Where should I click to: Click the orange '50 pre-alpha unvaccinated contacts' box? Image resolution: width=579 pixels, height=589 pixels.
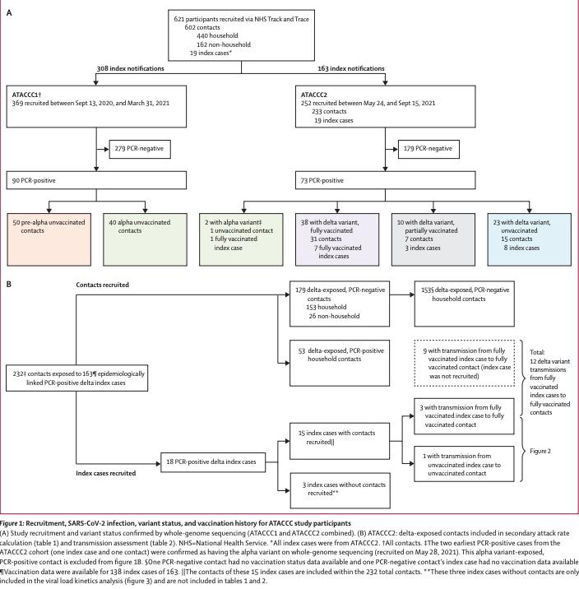[x=49, y=239]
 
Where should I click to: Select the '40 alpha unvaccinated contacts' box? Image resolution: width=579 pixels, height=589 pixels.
[x=145, y=239]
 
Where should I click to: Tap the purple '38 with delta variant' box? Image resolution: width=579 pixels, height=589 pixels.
[x=337, y=239]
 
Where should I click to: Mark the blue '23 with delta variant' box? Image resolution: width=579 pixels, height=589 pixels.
[x=530, y=239]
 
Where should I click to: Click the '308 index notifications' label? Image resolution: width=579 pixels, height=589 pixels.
[x=130, y=68]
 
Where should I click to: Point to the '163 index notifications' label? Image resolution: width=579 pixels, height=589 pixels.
[x=351, y=68]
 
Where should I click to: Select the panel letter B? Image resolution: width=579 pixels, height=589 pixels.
[x=9, y=285]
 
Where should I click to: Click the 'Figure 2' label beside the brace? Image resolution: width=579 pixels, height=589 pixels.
[x=540, y=451]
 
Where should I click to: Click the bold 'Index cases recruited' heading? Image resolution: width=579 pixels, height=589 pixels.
[x=106, y=473]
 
